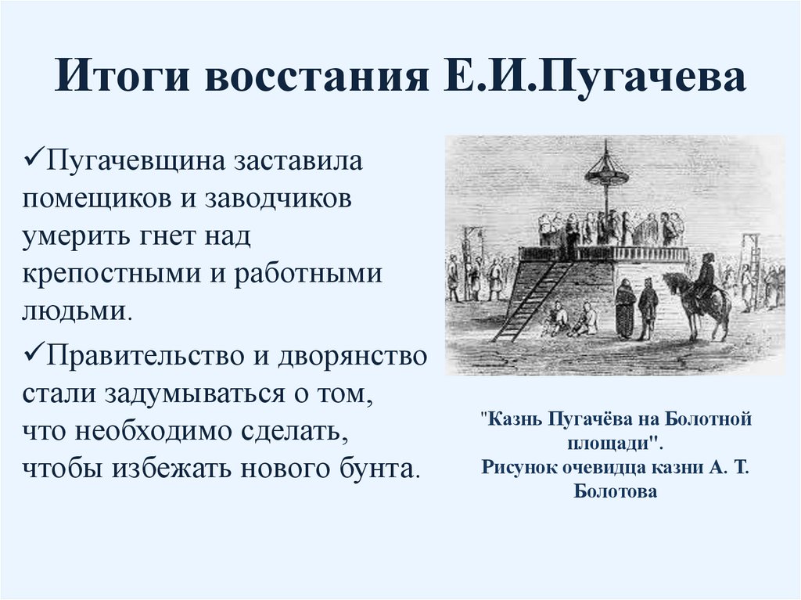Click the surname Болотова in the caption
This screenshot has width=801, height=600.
616,491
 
